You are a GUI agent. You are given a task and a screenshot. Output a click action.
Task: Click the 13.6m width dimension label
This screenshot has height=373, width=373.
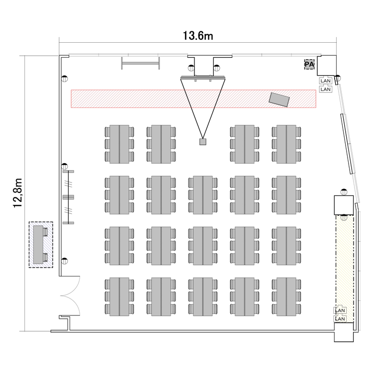[198, 36]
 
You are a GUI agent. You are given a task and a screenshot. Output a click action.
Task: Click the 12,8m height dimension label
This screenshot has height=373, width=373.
[18, 192]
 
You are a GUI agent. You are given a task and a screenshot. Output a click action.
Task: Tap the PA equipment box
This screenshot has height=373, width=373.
[309, 65]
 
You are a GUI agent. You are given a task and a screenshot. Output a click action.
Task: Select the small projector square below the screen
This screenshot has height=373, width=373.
[203, 142]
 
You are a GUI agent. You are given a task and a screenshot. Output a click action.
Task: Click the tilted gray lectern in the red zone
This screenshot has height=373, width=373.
[279, 99]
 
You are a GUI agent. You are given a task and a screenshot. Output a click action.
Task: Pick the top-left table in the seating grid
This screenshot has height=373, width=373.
[119, 144]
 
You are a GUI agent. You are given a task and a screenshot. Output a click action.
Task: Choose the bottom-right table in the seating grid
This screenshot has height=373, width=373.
[286, 296]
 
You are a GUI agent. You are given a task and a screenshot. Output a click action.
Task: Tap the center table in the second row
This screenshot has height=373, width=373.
[203, 195]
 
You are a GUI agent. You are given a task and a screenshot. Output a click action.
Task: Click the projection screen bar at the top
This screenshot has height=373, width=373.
[203, 77]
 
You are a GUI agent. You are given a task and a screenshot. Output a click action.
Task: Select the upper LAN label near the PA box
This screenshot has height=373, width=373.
[325, 81]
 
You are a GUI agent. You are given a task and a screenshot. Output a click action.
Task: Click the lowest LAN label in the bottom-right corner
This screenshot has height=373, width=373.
[340, 319]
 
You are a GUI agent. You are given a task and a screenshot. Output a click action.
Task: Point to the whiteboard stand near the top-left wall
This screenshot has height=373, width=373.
[140, 63]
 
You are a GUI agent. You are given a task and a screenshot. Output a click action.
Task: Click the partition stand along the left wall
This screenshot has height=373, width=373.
[68, 197]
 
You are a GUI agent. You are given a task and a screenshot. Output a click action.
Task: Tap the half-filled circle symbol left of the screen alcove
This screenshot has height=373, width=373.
[191, 68]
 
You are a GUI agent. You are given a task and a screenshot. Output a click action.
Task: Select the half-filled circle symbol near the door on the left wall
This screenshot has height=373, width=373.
[64, 261]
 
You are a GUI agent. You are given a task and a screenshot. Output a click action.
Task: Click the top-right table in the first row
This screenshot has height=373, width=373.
[286, 144]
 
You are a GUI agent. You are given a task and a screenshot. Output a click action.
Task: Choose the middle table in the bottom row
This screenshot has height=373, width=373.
[203, 296]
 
